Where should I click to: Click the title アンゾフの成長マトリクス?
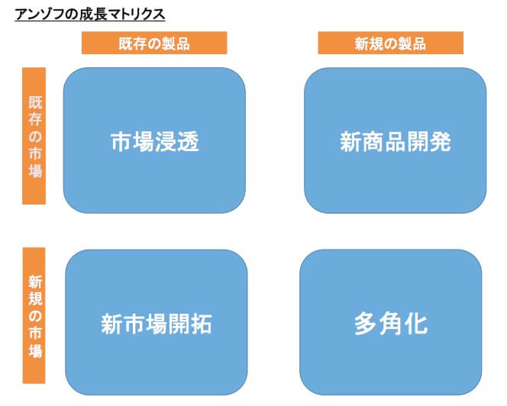89,13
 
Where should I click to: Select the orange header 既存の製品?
154,43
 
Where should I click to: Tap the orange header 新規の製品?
390,43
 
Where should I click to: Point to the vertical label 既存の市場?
34,136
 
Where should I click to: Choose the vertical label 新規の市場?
34,314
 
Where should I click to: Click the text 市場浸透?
155,142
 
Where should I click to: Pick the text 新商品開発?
396,142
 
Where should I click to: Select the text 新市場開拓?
156,324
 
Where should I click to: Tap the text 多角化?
390,324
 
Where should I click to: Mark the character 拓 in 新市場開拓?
201,324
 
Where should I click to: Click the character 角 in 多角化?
390,324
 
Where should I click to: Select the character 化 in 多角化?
415,324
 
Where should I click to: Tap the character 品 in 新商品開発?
396,142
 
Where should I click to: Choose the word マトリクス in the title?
137,13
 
